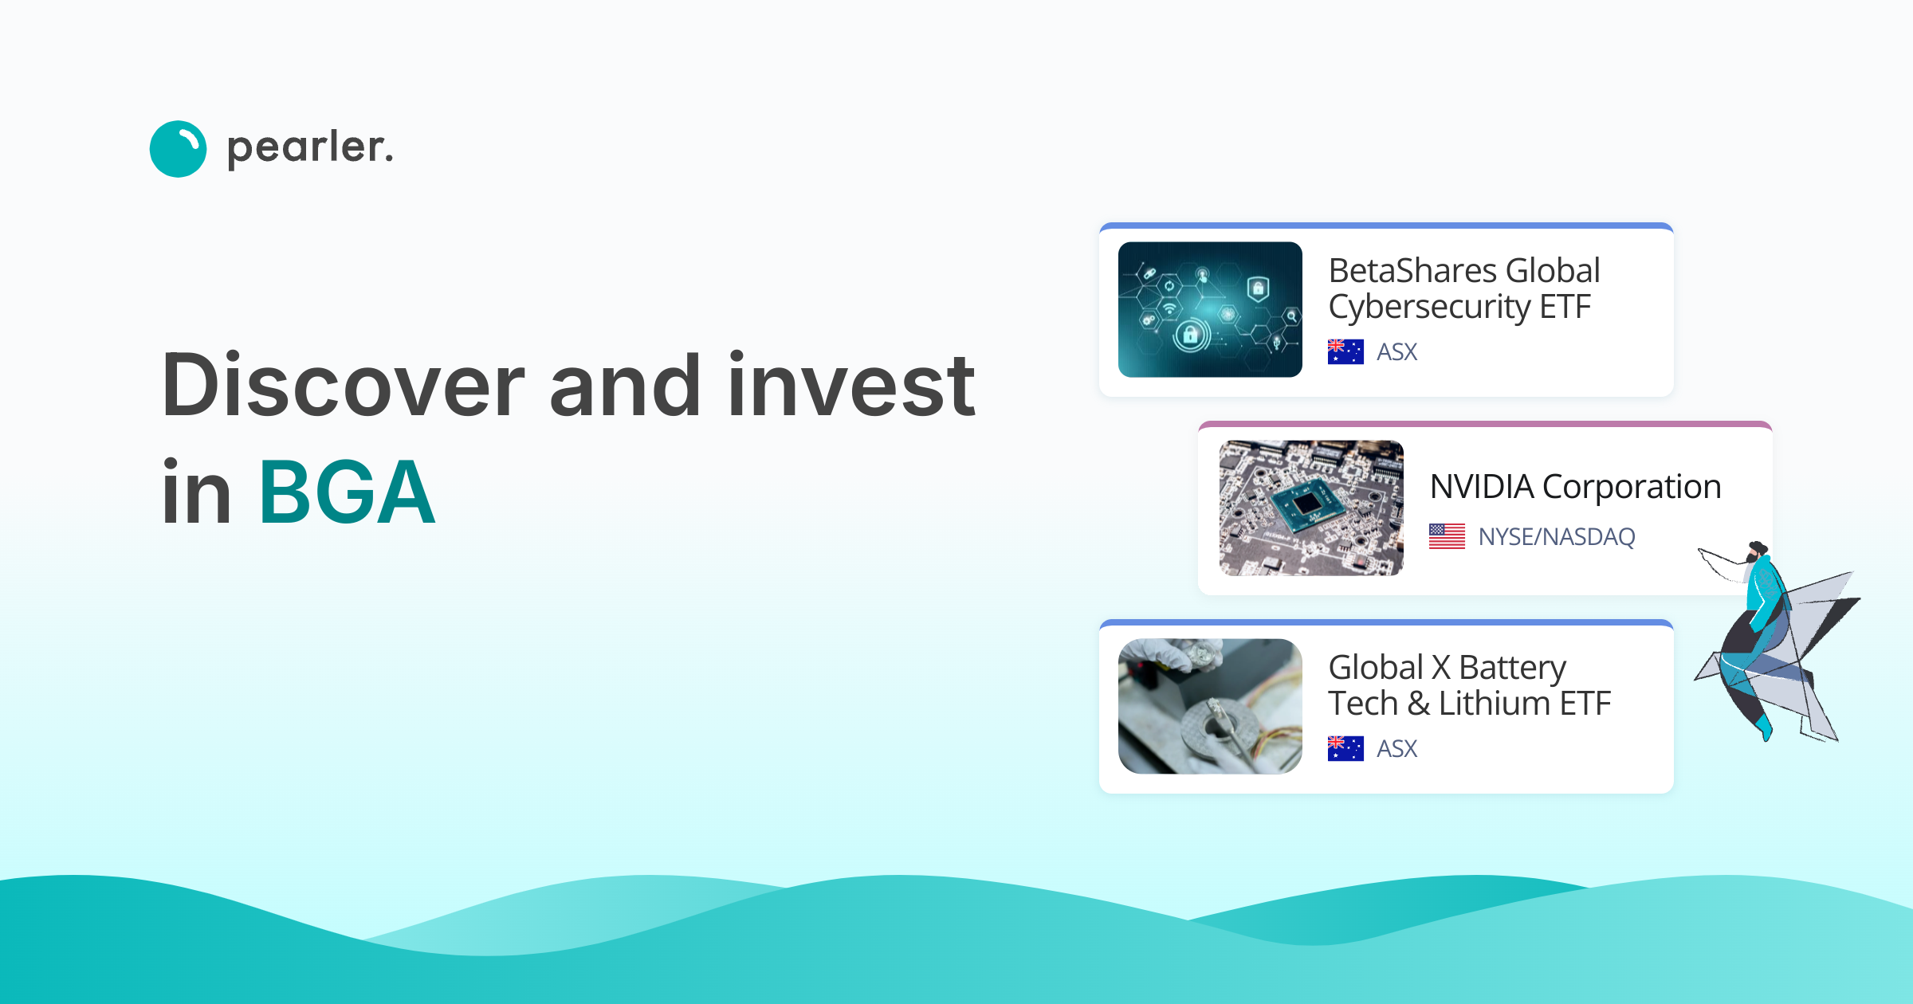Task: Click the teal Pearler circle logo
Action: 178,149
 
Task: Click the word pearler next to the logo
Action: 309,148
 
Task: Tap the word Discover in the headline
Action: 343,386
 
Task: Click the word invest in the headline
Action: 850,386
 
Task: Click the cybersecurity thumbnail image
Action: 1209,309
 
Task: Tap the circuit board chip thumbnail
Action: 1310,508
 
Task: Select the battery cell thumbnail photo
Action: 1209,706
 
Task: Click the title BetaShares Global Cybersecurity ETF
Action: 1463,288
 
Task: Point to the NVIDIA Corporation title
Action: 1575,487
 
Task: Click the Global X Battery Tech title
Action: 1468,685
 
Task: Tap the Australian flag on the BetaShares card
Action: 1345,351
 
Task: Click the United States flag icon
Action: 1447,536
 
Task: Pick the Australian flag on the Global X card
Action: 1345,748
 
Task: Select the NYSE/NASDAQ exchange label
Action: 1556,537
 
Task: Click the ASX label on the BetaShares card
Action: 1396,352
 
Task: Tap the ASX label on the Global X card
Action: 1396,749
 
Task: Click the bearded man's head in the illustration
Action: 1756,551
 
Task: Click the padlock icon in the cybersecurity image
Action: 1190,335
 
